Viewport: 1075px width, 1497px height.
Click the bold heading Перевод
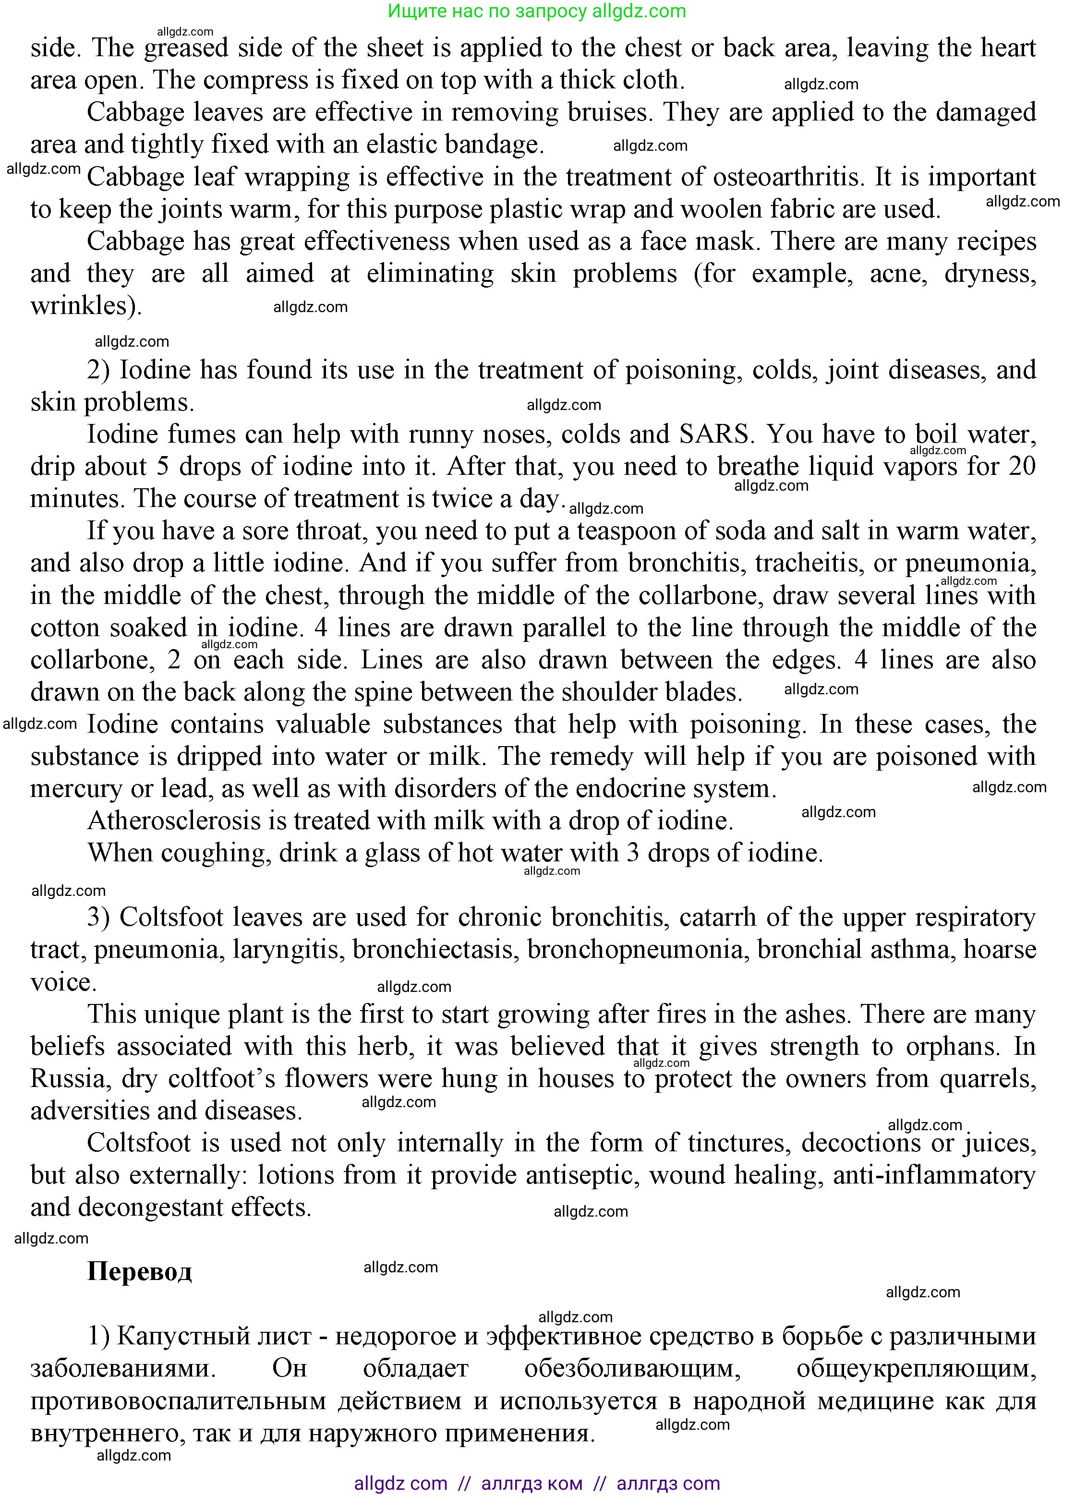(x=139, y=1270)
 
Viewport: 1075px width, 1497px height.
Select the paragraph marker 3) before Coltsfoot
(x=102, y=918)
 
